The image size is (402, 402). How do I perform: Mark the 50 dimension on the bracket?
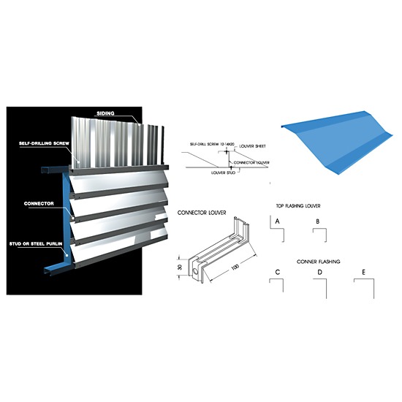(x=181, y=267)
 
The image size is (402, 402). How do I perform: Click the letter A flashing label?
(x=278, y=219)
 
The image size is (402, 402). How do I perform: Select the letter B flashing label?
(x=317, y=220)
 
